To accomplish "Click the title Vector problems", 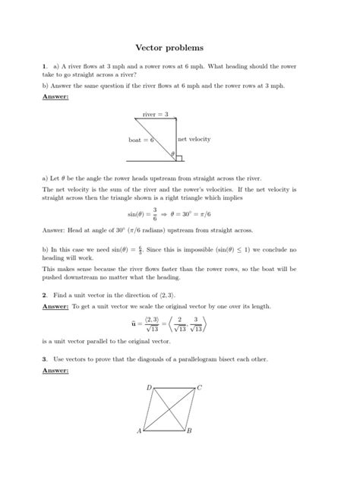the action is [x=179, y=47].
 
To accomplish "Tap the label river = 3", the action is [x=156, y=114].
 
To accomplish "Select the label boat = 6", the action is [x=141, y=141].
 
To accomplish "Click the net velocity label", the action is [x=194, y=140].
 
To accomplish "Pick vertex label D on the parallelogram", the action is [x=149, y=387].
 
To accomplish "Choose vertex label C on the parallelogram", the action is [x=199, y=387].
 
